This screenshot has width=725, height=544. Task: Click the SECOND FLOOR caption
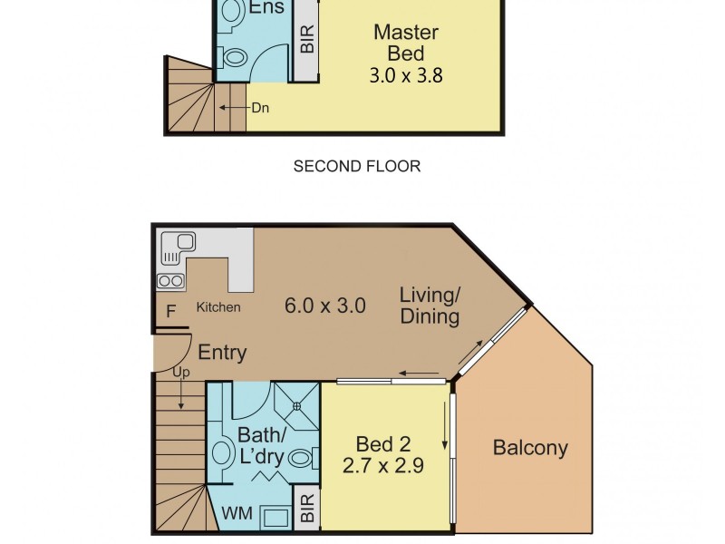click(x=357, y=166)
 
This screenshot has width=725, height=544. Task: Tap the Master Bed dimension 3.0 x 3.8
click(x=406, y=75)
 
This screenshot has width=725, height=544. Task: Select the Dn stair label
click(x=260, y=108)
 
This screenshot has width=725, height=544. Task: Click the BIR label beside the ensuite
click(x=307, y=39)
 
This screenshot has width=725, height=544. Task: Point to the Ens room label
click(x=266, y=7)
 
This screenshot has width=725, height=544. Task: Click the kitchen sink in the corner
click(x=178, y=248)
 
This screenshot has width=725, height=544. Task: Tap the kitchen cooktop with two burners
click(x=170, y=281)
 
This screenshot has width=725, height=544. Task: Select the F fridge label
click(x=170, y=311)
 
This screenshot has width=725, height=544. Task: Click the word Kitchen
click(x=218, y=307)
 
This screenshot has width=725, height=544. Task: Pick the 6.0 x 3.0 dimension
click(x=325, y=306)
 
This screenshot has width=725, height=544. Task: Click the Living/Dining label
click(x=430, y=306)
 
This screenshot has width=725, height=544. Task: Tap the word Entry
click(x=222, y=353)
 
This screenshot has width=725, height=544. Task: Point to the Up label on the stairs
click(x=181, y=372)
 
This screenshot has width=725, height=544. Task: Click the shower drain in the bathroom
click(x=297, y=405)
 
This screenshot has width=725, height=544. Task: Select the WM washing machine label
click(x=237, y=513)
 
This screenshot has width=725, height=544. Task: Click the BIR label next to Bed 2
click(x=307, y=508)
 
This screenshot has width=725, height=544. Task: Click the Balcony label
click(x=530, y=448)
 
